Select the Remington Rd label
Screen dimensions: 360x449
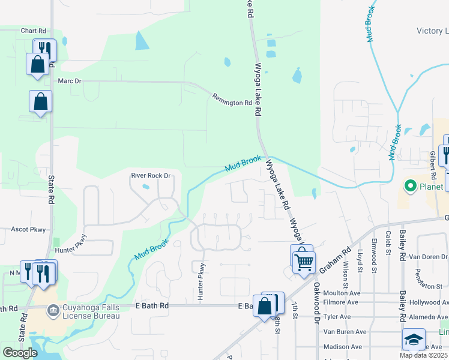(x=232, y=99)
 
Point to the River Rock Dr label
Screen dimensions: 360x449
(x=151, y=176)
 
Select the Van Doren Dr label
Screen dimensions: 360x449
(x=429, y=257)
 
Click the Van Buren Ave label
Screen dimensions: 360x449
(x=345, y=332)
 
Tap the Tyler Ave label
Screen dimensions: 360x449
(x=337, y=317)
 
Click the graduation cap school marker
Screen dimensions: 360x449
(x=414, y=340)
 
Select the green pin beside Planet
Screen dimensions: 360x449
(x=411, y=186)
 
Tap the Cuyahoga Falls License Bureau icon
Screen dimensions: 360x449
(x=53, y=310)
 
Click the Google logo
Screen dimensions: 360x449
(x=20, y=353)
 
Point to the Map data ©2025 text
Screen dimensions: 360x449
(x=423, y=355)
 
